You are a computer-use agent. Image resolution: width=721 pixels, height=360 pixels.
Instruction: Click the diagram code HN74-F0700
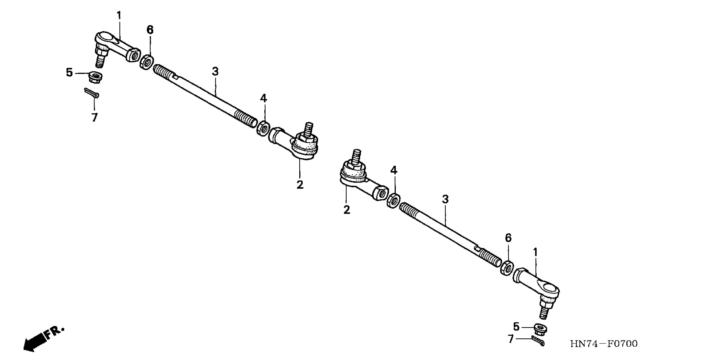click(604, 343)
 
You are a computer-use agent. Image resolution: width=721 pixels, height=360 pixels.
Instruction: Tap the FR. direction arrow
click(42, 339)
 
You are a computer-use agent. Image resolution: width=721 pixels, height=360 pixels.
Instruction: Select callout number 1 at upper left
click(119, 15)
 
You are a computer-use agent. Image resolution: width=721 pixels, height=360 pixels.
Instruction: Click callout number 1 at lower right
click(535, 253)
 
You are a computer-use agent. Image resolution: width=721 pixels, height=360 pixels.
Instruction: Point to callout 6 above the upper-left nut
click(150, 30)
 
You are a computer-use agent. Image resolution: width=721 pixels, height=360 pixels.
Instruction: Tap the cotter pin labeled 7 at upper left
click(92, 93)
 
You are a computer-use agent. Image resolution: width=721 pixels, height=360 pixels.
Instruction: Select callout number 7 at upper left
click(94, 117)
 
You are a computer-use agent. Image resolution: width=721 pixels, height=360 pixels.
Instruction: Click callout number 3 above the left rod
click(215, 72)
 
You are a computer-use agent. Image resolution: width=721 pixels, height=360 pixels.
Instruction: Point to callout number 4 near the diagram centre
click(263, 98)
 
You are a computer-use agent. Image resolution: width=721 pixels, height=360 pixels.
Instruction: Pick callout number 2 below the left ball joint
click(300, 185)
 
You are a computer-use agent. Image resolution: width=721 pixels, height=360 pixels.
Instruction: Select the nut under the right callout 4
click(393, 200)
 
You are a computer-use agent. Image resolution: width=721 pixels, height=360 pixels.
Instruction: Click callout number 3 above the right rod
click(445, 199)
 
